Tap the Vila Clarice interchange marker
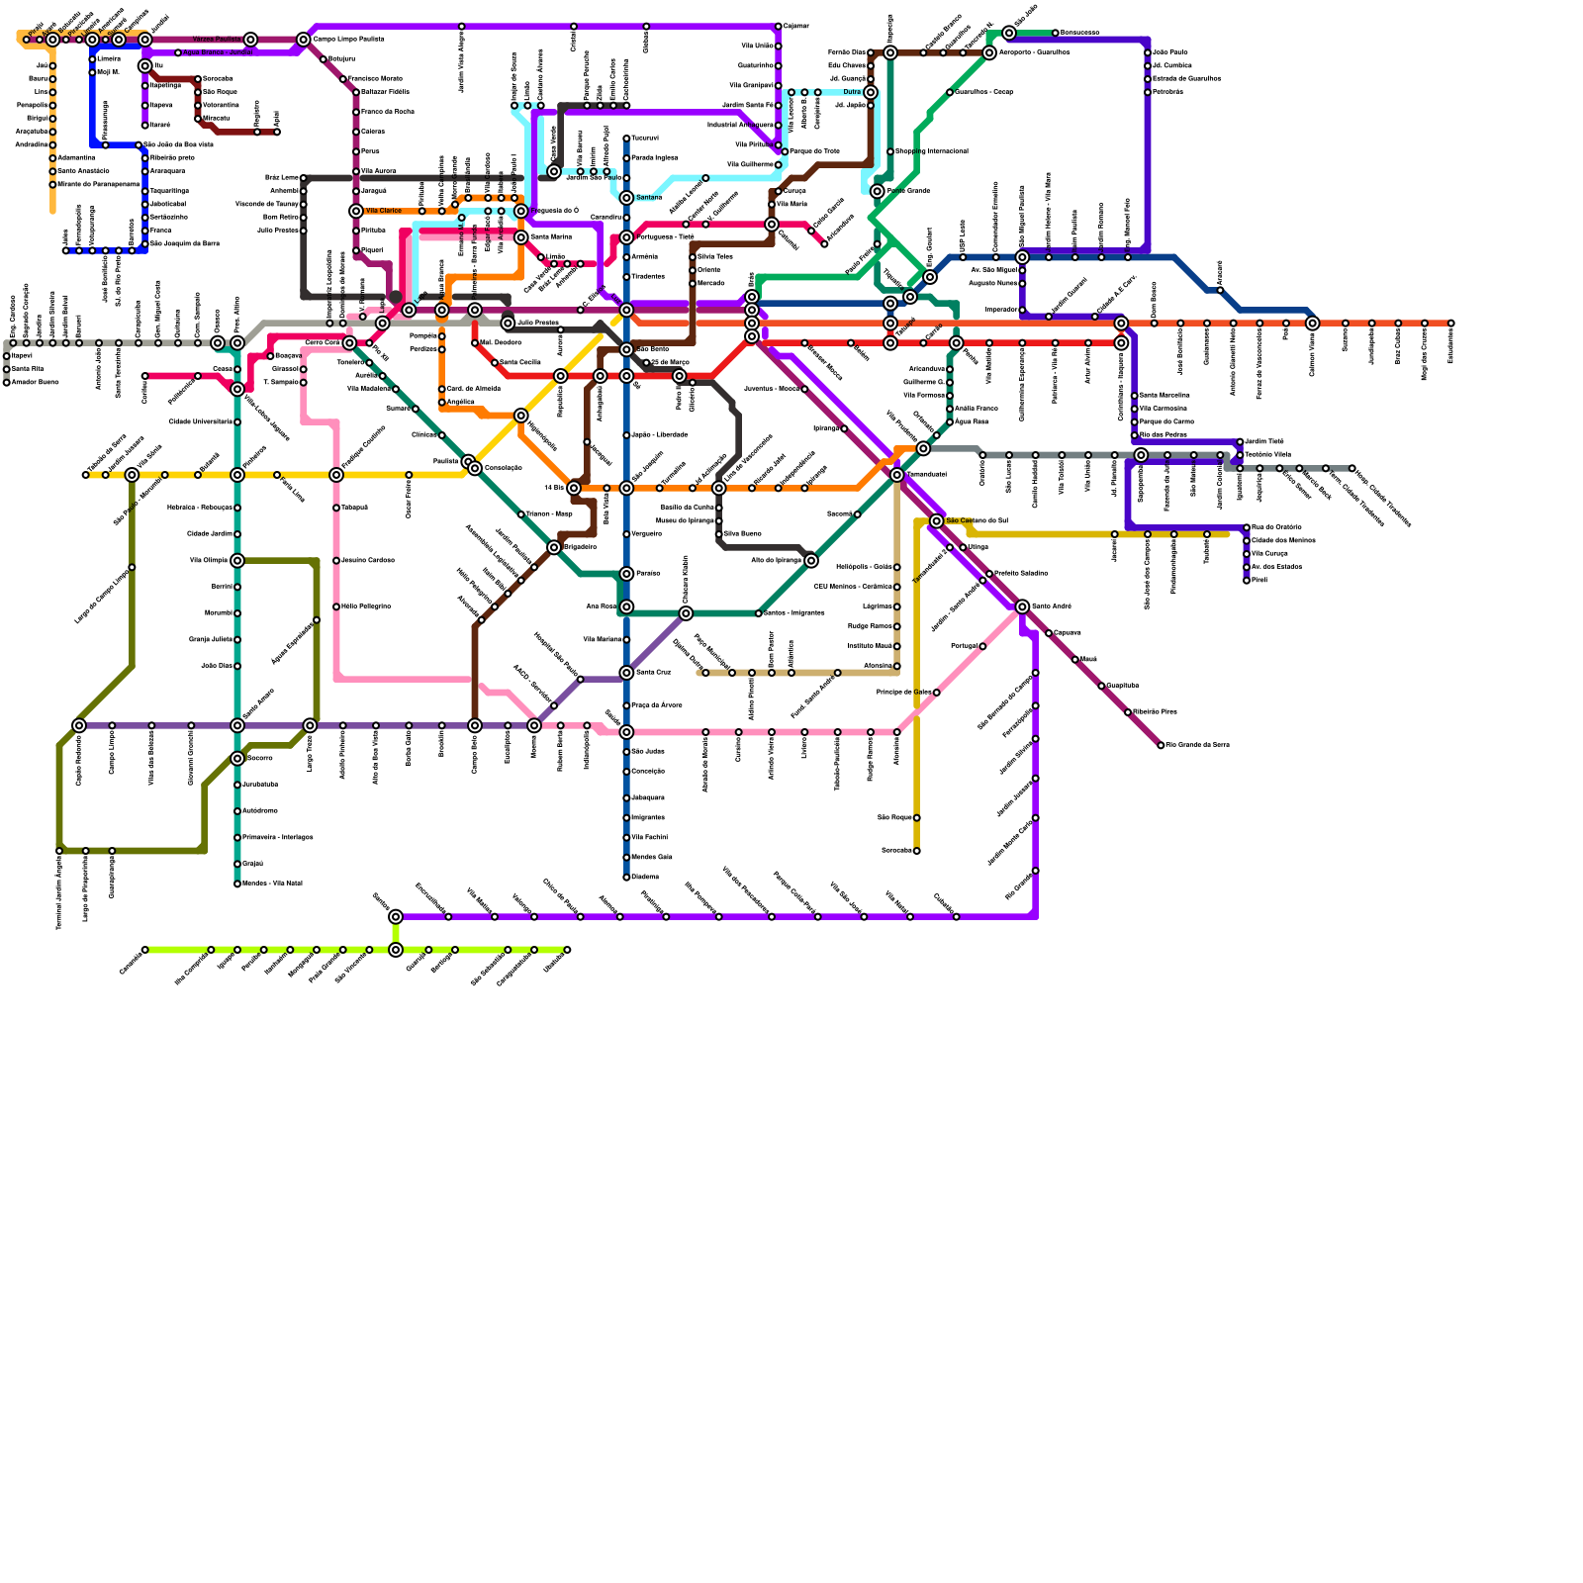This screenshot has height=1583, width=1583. click(x=356, y=211)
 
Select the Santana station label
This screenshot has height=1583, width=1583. click(x=649, y=198)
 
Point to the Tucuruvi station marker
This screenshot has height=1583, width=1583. click(x=626, y=139)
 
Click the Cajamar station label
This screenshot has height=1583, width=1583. click(x=796, y=26)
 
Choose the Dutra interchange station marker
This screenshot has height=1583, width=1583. click(x=871, y=92)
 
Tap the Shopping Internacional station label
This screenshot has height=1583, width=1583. click(x=931, y=151)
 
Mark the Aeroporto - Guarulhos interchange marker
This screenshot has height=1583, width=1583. click(x=989, y=52)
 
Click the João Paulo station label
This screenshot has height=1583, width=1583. click(x=1169, y=52)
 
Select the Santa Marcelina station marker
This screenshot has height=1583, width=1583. click(x=1135, y=396)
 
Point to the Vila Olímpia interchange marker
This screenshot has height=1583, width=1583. click(x=237, y=561)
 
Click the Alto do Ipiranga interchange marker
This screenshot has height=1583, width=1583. click(x=811, y=561)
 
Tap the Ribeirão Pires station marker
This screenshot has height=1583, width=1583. click(x=1128, y=712)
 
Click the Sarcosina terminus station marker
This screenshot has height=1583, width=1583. click(x=917, y=851)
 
